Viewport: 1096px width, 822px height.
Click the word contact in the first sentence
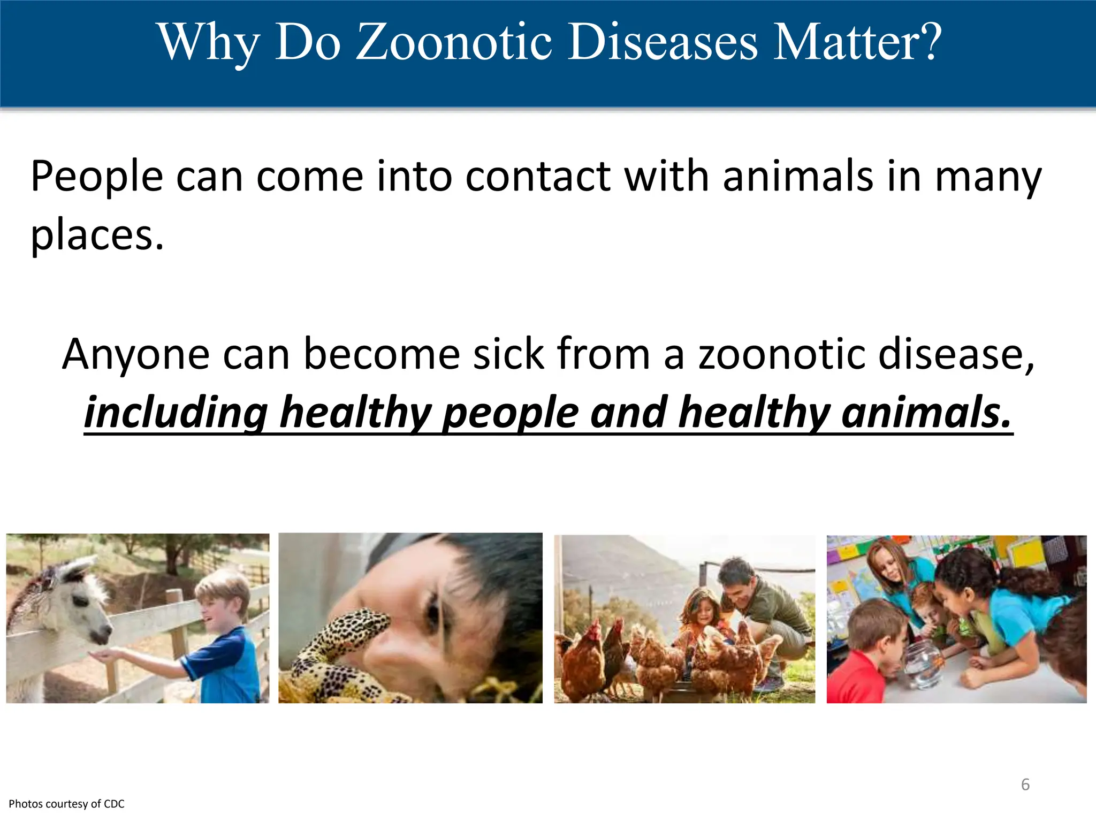click(x=538, y=176)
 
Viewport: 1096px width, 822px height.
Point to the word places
click(x=96, y=235)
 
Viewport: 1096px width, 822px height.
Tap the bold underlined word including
click(x=176, y=413)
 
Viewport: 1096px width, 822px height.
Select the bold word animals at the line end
click(x=926, y=413)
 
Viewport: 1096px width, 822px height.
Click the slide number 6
click(x=1025, y=785)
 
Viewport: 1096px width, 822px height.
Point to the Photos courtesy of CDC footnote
click(x=66, y=804)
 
